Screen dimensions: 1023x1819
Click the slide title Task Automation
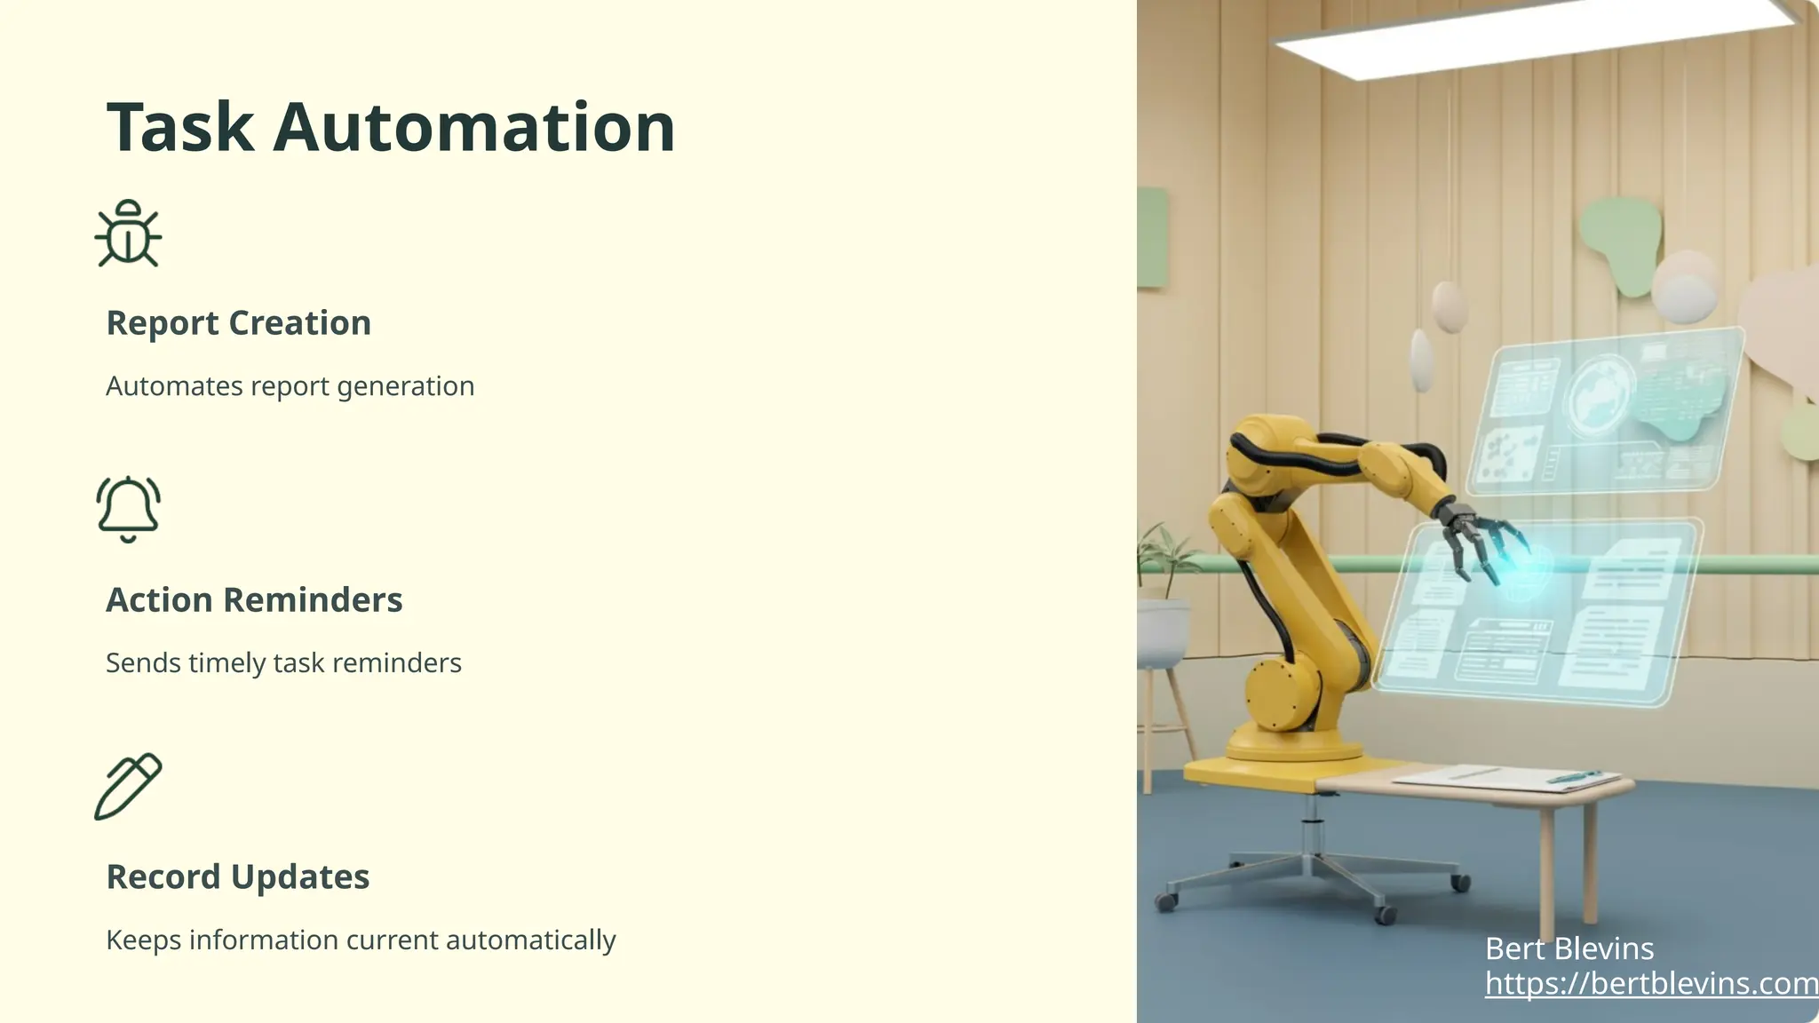pos(391,128)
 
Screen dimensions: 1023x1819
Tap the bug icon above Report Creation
pos(129,234)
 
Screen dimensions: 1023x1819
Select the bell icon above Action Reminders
pos(129,509)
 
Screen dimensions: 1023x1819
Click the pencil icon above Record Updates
pos(129,786)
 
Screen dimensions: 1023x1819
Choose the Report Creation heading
pos(238,323)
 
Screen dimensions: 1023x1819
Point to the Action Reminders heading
pos(254,600)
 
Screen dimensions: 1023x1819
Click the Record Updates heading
pos(237,877)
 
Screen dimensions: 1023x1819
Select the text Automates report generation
pos(290,386)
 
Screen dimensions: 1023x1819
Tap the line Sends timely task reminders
pos(283,663)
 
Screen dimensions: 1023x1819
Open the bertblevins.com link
pos(1650,984)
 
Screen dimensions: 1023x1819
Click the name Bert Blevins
pos(1569,949)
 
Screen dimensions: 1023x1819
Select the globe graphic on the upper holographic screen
pos(1600,396)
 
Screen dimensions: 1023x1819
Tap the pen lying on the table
pos(1572,778)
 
